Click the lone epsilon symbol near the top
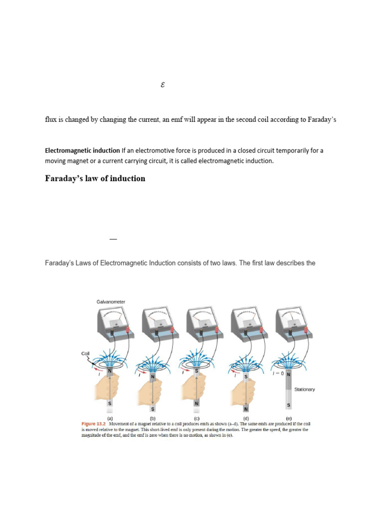[163, 85]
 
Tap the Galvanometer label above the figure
[111, 302]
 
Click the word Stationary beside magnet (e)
[304, 389]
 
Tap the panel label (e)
[288, 419]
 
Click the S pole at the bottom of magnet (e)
[288, 405]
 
